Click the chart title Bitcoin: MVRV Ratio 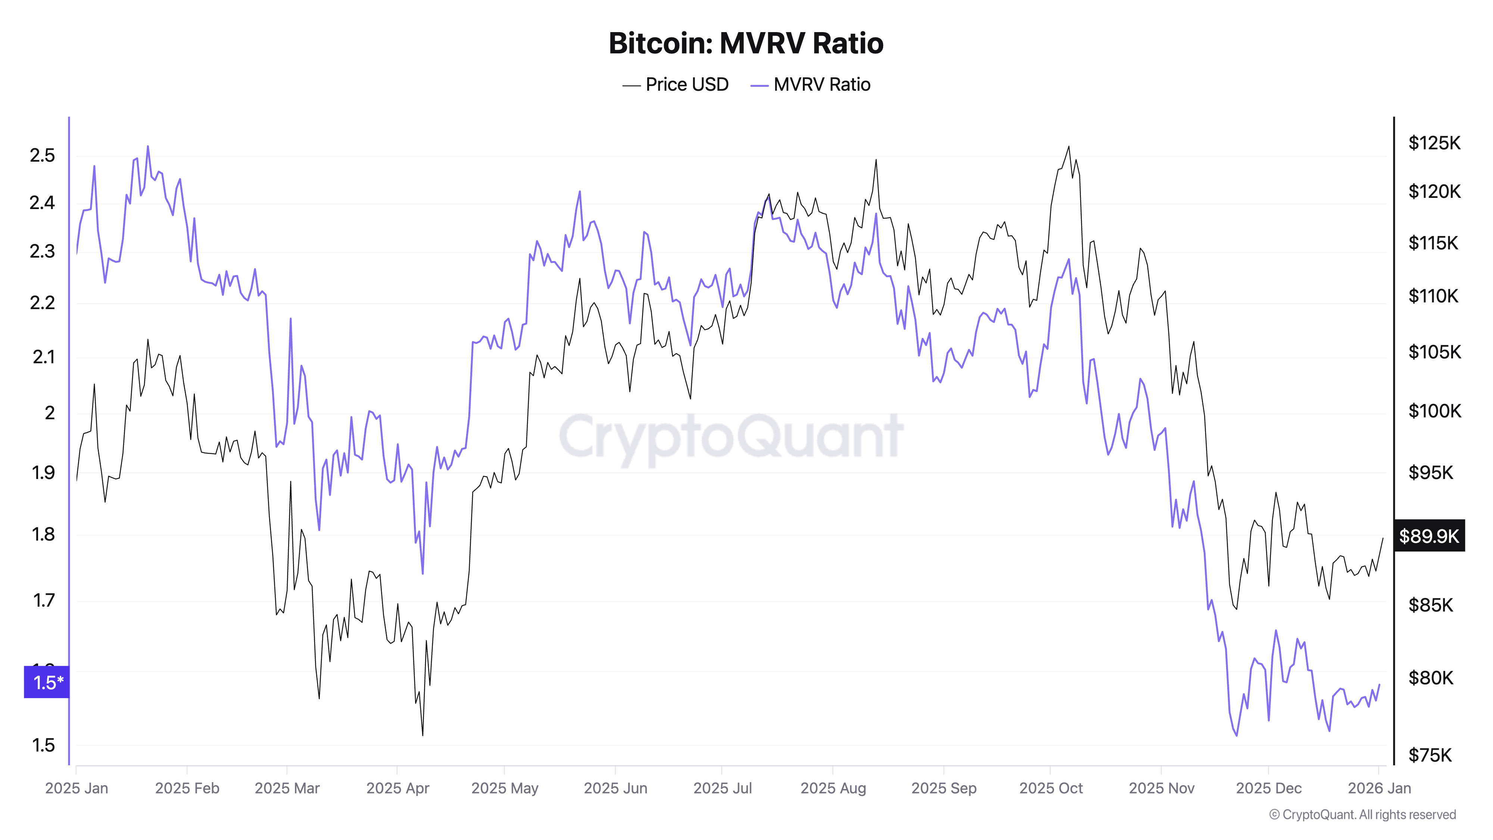[x=746, y=43]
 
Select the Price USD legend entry [x=676, y=85]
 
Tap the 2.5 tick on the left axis [x=42, y=155]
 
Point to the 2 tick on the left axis [x=50, y=413]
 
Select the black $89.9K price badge [x=1429, y=536]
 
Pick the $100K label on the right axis [x=1434, y=411]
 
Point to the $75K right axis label [x=1430, y=755]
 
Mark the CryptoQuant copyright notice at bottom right [x=1362, y=815]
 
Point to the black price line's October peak [x=1069, y=147]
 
